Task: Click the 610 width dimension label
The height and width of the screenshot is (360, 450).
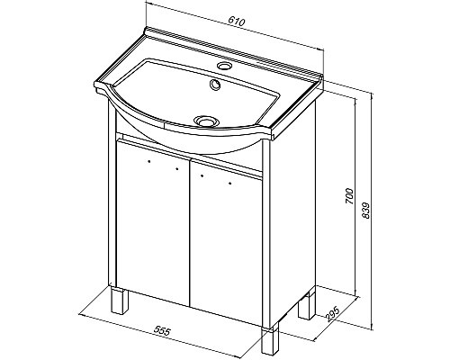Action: [x=237, y=22]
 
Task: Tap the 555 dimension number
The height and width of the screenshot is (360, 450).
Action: [x=162, y=331]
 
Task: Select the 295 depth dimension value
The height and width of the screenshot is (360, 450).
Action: [x=332, y=314]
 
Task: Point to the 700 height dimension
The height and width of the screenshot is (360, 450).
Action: [x=349, y=196]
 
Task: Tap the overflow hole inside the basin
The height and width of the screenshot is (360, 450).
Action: [x=215, y=85]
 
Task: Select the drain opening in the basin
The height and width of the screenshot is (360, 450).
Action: [x=205, y=121]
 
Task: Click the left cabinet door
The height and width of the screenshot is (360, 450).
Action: [x=153, y=222]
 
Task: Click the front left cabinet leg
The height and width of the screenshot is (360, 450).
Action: [x=120, y=300]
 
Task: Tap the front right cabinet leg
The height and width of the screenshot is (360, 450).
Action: [x=270, y=341]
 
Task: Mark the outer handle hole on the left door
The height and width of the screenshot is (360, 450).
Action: [x=149, y=161]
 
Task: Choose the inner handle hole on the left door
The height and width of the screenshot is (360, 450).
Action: [x=177, y=169]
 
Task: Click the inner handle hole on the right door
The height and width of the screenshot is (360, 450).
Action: [x=202, y=175]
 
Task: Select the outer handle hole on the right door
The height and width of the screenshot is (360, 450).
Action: [x=230, y=183]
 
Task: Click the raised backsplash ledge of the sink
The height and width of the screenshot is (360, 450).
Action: [x=234, y=51]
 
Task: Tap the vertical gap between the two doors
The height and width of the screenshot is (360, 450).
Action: [x=190, y=232]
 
